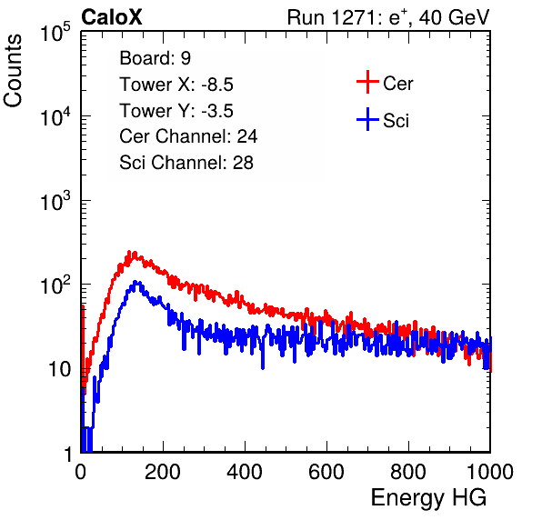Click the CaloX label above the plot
[111, 17]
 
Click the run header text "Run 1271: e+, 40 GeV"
[388, 17]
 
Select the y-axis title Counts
[13, 71]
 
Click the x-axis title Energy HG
[428, 498]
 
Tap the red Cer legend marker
[367, 82]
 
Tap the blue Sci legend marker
[367, 119]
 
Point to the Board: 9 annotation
[155, 58]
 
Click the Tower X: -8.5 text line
[176, 85]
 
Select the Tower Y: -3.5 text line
[176, 111]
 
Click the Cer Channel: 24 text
[188, 136]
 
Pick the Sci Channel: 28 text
[186, 163]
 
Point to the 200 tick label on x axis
[163, 472]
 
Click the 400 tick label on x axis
[245, 472]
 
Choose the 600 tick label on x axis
[326, 472]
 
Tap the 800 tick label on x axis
[408, 472]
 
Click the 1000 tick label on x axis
[490, 472]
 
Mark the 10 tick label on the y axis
[59, 369]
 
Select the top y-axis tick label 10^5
[55, 32]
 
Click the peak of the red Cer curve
[129, 252]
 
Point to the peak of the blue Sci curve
[135, 282]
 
